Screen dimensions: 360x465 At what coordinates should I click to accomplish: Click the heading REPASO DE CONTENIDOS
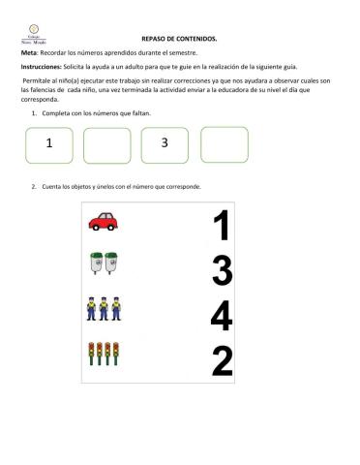coord(179,39)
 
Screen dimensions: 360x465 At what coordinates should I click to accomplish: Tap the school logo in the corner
coord(33,34)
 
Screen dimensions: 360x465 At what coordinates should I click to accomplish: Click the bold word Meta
coord(30,52)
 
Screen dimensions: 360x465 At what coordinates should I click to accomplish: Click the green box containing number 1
coord(47,144)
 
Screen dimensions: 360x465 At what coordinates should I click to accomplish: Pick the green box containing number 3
coord(165,144)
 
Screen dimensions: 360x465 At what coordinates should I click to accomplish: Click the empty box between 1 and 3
coord(106,145)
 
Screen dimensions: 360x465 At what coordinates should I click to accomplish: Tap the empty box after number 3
coord(225,144)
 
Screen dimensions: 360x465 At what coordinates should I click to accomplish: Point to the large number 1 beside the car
coord(222,227)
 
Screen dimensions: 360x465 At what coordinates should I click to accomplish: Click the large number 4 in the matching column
coord(222,316)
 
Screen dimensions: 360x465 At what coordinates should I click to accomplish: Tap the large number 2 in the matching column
coord(222,360)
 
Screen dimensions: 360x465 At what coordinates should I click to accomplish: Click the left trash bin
coord(96,263)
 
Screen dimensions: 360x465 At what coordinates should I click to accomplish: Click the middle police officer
coord(104,308)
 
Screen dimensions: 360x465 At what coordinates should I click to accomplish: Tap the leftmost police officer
coord(92,308)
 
